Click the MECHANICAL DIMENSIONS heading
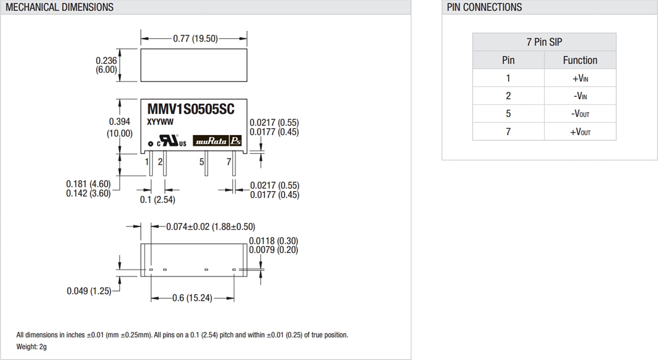click(59, 7)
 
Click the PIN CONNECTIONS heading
click(484, 7)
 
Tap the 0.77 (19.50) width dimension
click(195, 38)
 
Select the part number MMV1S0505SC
click(191, 109)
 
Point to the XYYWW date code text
click(160, 122)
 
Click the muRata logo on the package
click(211, 141)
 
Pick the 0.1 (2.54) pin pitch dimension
click(157, 199)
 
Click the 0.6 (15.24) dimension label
click(192, 298)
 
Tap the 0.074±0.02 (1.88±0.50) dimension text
click(210, 227)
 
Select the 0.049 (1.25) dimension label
click(89, 291)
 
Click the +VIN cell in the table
click(580, 78)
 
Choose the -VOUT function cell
click(580, 114)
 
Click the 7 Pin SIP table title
click(544, 42)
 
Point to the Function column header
click(580, 60)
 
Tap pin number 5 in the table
click(508, 114)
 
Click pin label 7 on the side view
click(229, 162)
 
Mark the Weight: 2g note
click(31, 346)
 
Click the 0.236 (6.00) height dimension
click(106, 65)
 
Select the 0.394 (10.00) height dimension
click(119, 127)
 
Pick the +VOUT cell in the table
click(580, 132)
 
